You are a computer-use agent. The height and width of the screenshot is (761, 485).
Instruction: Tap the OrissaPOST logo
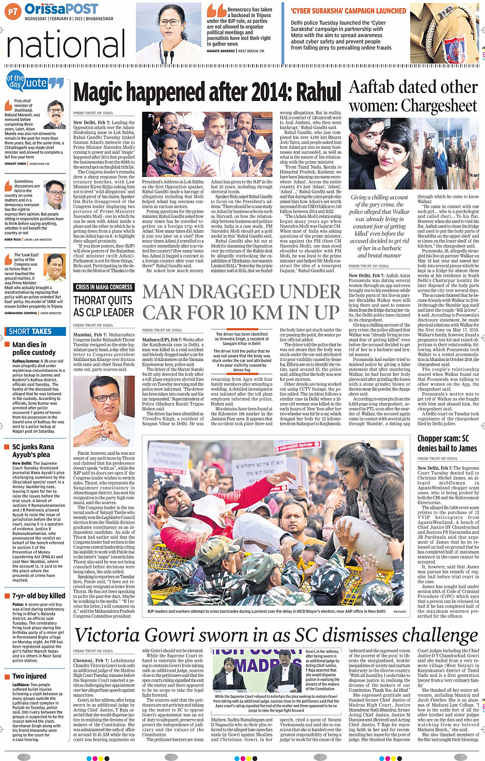(61, 9)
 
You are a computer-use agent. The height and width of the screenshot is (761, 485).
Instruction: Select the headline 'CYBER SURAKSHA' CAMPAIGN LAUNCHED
(348, 11)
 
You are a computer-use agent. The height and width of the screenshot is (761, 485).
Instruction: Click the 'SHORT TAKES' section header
(30, 331)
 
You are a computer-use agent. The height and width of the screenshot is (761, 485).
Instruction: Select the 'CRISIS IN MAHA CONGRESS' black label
(104, 287)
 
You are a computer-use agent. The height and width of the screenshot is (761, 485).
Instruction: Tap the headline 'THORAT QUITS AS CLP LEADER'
(104, 306)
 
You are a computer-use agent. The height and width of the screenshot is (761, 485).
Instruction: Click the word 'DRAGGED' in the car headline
(241, 291)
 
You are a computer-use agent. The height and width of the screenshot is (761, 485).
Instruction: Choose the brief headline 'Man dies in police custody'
(34, 349)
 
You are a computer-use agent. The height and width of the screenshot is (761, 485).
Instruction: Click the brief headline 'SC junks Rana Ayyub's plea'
(33, 450)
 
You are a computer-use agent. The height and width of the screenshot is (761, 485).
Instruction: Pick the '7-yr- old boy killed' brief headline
(38, 596)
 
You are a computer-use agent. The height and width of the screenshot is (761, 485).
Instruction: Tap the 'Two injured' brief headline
(29, 676)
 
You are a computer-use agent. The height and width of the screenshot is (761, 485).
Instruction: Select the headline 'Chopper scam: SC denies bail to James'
(447, 443)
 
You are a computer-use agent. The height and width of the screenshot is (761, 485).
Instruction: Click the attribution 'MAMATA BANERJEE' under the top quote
(221, 51)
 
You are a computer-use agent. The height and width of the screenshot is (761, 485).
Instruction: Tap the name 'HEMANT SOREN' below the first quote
(15, 164)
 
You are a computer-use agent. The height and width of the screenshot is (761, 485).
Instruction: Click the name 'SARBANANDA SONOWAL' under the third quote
(21, 313)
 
